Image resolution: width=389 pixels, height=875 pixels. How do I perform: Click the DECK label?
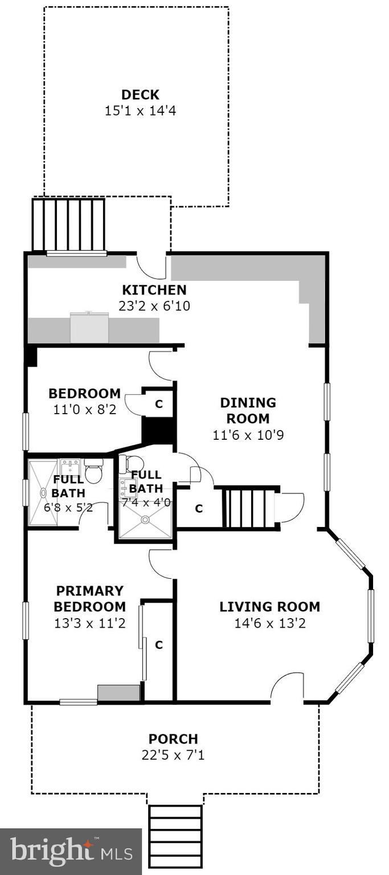pos(140,95)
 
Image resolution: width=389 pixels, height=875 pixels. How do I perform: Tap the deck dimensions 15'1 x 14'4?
pos(140,111)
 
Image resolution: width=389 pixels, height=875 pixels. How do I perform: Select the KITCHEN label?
pos(154,290)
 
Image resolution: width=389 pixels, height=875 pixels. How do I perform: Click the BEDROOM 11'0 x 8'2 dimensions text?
pos(84,409)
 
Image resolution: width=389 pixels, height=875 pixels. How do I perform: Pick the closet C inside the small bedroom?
pos(159,404)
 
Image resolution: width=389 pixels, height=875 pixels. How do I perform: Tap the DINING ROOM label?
pos(248,410)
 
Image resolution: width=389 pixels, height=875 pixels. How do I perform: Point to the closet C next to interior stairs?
pos(198,509)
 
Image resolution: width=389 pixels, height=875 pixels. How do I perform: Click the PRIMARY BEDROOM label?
pos(89,598)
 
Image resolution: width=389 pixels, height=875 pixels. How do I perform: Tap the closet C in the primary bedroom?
pos(159,645)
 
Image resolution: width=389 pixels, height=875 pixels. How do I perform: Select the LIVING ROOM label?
pos(269,607)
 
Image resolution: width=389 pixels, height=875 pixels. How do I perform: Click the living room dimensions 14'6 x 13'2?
pos(269,623)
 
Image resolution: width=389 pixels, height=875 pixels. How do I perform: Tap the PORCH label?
pos(173,739)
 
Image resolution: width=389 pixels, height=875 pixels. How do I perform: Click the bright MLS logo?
pos(71,852)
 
